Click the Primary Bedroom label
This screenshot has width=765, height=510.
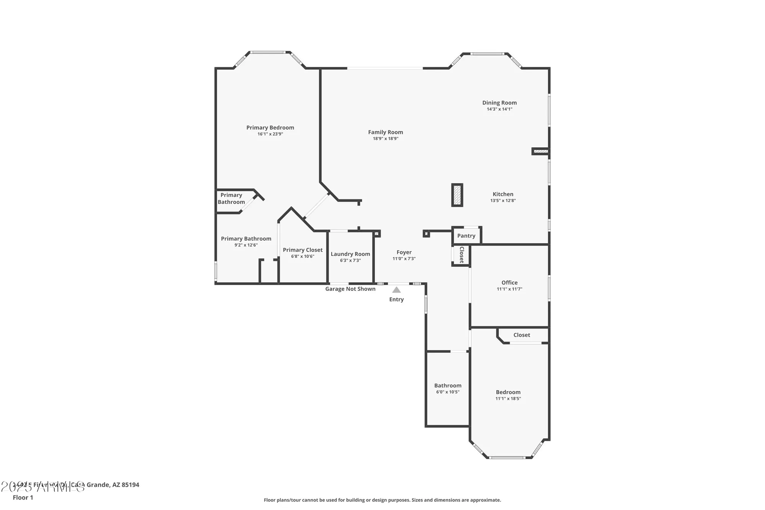[270, 128]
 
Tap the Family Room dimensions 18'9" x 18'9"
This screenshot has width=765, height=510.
[386, 138]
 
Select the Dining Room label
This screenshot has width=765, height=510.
[499, 103]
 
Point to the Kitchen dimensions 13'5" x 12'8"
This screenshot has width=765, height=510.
[503, 200]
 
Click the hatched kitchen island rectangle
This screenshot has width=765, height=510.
[457, 195]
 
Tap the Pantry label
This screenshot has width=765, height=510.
[466, 236]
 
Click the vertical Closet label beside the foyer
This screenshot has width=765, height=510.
[462, 255]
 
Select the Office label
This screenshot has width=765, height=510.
[509, 283]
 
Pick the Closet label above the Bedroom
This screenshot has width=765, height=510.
[522, 335]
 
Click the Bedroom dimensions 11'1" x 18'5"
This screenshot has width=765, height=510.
[508, 399]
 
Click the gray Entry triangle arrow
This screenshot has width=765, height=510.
[397, 290]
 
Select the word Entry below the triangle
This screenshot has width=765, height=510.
[396, 300]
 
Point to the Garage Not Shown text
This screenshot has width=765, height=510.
[350, 289]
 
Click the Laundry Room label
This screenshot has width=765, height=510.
[350, 254]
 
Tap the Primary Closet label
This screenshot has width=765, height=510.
[303, 250]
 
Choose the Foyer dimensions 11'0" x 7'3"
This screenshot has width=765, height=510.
[404, 259]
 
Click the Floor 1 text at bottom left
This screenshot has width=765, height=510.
[23, 497]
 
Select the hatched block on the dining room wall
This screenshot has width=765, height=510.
[540, 152]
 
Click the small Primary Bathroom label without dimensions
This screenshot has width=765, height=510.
[231, 199]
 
